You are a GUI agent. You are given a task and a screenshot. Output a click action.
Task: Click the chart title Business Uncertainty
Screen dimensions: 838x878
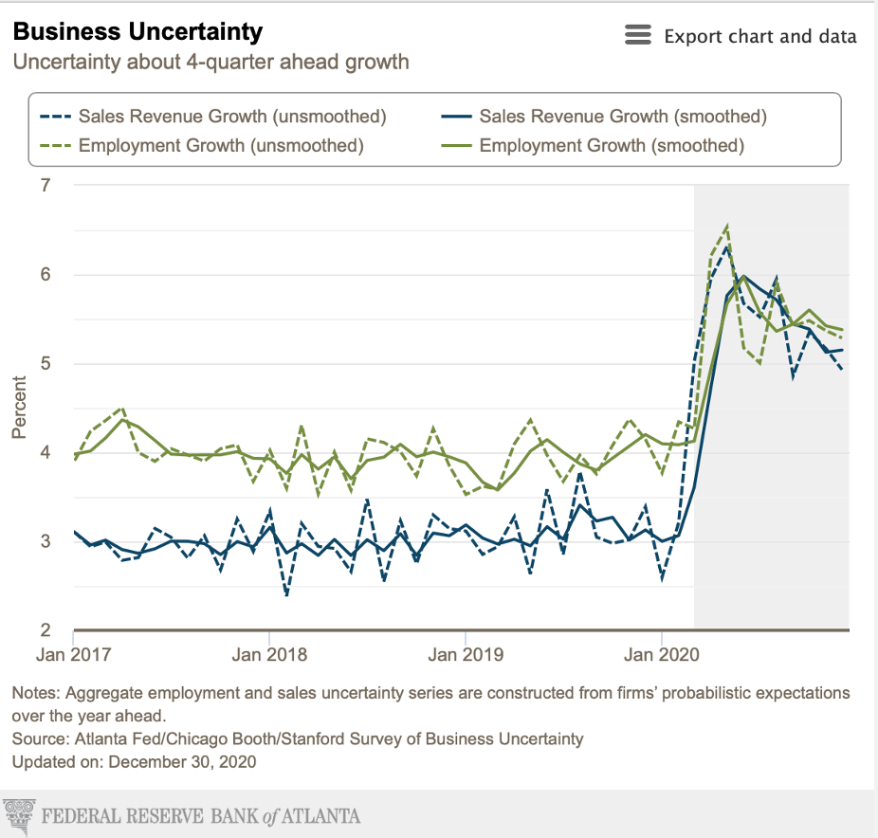pos(137,32)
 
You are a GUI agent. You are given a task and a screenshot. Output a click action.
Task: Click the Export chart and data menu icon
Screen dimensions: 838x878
pos(638,36)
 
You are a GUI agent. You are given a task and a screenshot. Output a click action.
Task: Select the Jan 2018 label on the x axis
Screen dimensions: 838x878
pos(270,655)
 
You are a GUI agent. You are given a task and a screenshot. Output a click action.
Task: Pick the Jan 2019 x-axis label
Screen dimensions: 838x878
pos(466,655)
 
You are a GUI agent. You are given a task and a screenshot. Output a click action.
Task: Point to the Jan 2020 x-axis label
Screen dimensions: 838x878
pos(662,655)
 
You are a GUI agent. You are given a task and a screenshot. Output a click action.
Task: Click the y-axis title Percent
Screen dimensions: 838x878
pos(18,409)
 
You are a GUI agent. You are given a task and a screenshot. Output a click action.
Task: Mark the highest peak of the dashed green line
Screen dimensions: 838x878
pos(726,227)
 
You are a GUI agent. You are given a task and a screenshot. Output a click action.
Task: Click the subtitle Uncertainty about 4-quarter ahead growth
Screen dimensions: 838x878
pos(210,63)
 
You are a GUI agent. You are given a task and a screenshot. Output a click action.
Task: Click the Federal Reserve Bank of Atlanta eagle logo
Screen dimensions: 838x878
pos(19,814)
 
